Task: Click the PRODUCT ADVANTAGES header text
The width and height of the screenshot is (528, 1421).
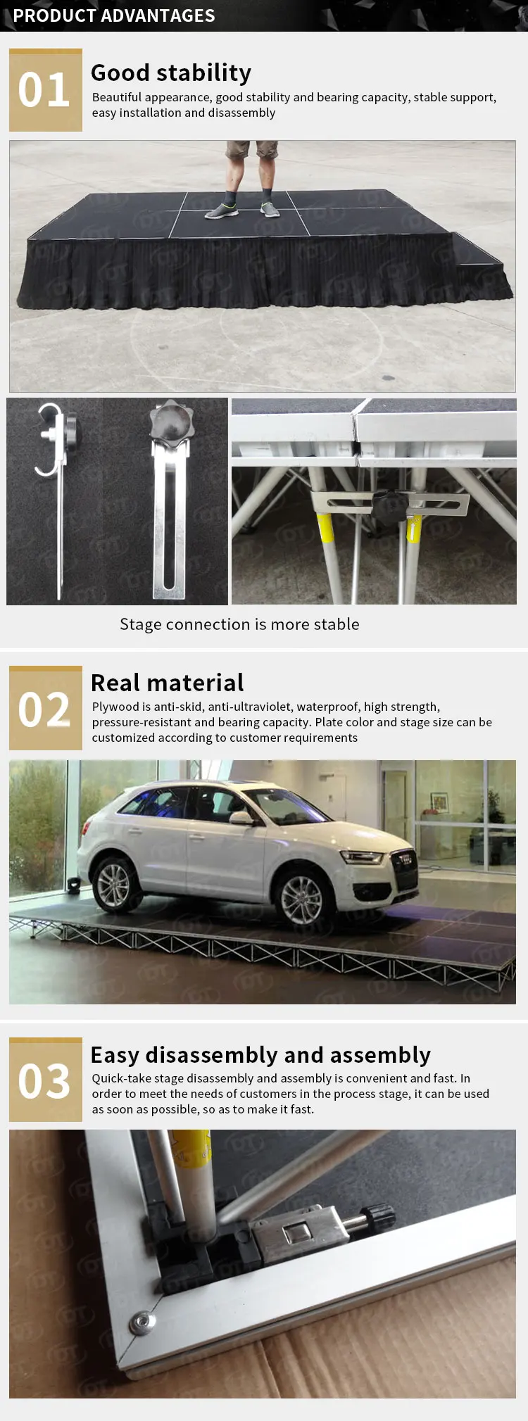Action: [114, 15]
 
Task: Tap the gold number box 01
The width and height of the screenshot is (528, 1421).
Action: [45, 90]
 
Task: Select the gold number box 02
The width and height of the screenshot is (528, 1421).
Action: [45, 708]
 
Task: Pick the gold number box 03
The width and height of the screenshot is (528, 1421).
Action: [45, 1080]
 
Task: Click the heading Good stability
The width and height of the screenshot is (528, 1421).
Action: [171, 72]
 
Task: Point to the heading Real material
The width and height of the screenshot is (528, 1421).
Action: [168, 683]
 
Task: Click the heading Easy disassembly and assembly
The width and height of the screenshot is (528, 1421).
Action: [260, 1054]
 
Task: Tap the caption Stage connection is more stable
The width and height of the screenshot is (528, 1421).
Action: [239, 624]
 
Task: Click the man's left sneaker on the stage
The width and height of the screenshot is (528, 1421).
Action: [270, 209]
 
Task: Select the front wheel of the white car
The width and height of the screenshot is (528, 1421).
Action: [301, 897]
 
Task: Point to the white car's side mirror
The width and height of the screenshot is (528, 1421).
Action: [241, 818]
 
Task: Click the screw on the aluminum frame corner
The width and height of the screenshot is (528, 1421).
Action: [144, 1322]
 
